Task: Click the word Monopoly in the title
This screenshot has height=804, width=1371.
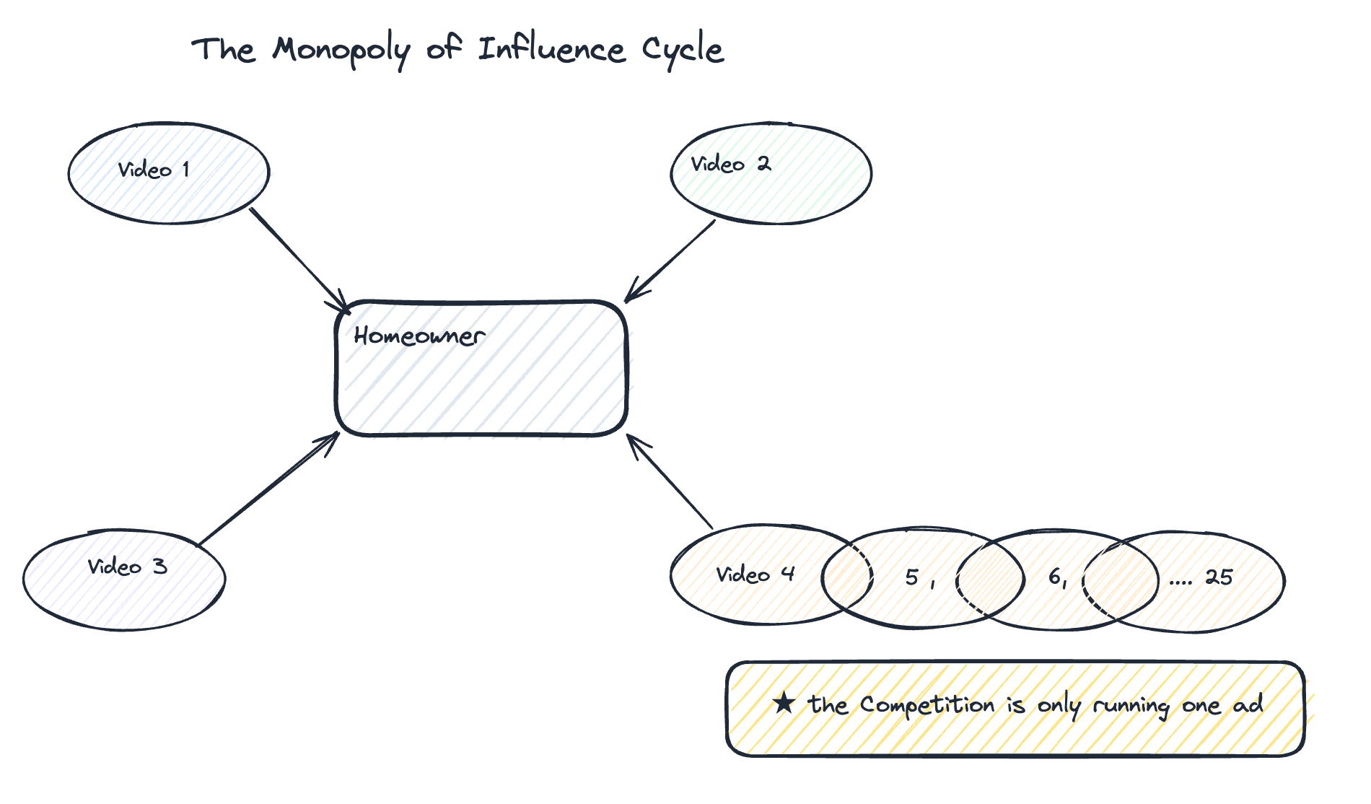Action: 341,51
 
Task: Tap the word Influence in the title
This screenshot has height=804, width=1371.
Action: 551,50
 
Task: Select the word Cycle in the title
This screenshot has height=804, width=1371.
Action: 683,51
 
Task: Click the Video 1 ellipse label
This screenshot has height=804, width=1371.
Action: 154,170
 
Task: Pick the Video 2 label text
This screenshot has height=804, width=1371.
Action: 730,165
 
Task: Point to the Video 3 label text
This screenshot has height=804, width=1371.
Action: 127,567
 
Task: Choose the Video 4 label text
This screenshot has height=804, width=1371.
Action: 755,574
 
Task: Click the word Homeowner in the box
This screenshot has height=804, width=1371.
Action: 419,336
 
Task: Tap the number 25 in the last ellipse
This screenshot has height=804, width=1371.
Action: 1219,577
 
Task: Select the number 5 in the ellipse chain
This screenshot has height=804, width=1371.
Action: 912,577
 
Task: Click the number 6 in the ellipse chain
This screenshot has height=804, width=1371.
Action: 1055,576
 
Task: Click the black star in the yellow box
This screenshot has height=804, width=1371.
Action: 784,703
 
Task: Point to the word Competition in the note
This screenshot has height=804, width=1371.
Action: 927,705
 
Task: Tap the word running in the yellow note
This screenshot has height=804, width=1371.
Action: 1131,706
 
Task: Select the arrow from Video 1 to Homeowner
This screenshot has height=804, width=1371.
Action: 299,260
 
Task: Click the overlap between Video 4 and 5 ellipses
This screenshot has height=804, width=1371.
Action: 847,576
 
